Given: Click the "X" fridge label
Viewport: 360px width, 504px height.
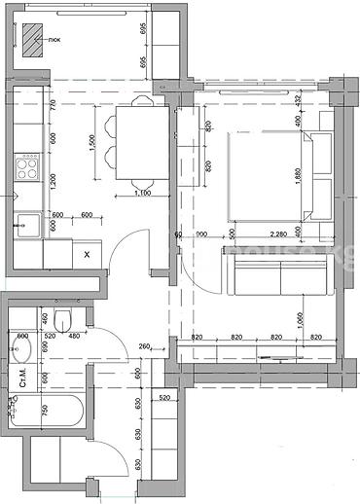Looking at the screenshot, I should (x=88, y=255).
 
